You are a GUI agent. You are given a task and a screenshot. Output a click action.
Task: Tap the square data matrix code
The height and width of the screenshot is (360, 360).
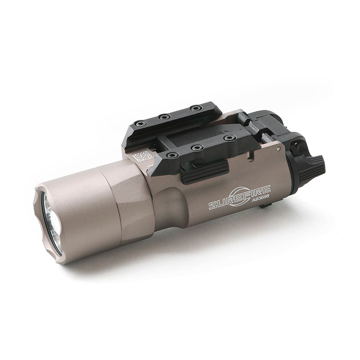[142, 156]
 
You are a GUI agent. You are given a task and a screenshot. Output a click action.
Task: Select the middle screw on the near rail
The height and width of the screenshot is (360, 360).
[195, 147]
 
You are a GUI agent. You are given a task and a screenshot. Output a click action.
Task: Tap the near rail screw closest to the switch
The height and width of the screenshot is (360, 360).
[229, 138]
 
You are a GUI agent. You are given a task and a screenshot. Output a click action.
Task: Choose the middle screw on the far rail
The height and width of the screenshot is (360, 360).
[165, 117]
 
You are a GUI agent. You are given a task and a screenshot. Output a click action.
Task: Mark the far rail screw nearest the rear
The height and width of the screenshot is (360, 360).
[195, 108]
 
